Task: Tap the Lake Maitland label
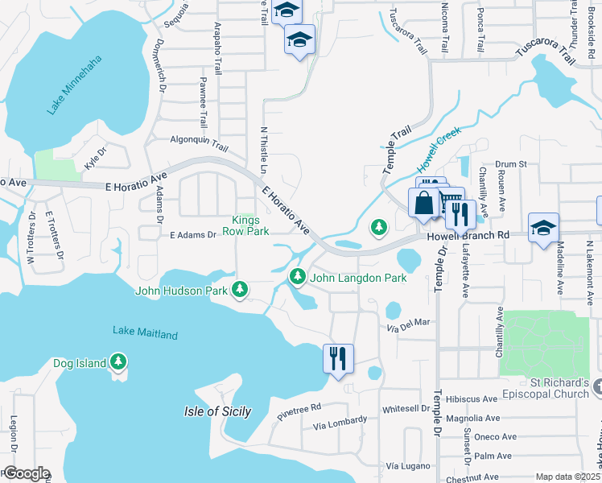(145, 332)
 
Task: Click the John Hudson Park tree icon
(239, 289)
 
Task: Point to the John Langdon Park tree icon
(298, 277)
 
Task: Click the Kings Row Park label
(249, 225)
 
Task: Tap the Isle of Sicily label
(212, 411)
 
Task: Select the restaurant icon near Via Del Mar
(337, 357)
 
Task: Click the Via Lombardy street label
(340, 421)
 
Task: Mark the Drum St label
(510, 164)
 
